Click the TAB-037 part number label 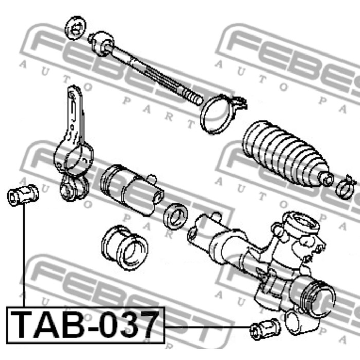(85, 324)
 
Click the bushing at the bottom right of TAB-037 (264, 328)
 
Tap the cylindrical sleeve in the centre (132, 185)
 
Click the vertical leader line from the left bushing (23, 257)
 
